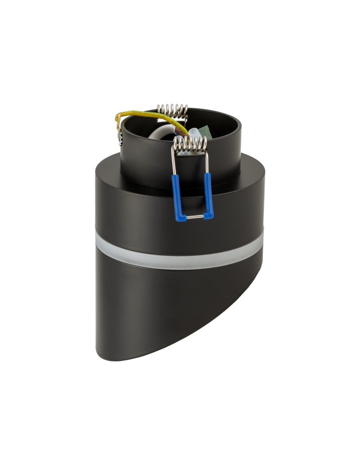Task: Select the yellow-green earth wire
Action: coord(140,115)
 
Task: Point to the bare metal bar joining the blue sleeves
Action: coord(193,217)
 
